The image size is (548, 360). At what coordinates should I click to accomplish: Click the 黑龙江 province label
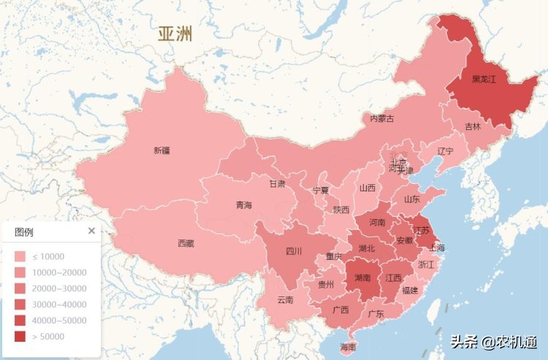[483, 78]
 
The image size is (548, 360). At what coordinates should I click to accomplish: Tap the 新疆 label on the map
[161, 150]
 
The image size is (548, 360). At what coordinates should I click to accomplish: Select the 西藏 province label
[186, 242]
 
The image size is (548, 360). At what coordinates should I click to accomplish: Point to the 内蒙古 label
[381, 118]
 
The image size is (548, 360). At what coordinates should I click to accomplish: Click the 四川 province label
[294, 251]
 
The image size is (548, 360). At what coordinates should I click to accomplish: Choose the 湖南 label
[362, 277]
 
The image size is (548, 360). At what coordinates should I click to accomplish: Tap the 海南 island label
[349, 346]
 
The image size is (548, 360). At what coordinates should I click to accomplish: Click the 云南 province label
[285, 299]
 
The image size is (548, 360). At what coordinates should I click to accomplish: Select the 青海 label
[243, 205]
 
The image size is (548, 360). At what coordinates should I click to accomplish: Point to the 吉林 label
[473, 126]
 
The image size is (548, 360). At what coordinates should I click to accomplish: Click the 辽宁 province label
[445, 151]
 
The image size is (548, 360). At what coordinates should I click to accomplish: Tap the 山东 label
[412, 199]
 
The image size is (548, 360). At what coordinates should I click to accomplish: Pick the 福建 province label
[410, 290]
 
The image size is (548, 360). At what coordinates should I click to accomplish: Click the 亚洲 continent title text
[175, 34]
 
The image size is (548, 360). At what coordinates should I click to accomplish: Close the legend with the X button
[91, 231]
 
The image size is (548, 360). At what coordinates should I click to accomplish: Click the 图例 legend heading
[23, 231]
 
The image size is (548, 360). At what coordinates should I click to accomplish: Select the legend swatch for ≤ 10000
[20, 256]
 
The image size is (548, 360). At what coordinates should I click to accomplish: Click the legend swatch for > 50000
[20, 337]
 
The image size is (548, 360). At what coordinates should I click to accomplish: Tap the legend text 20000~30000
[58, 288]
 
